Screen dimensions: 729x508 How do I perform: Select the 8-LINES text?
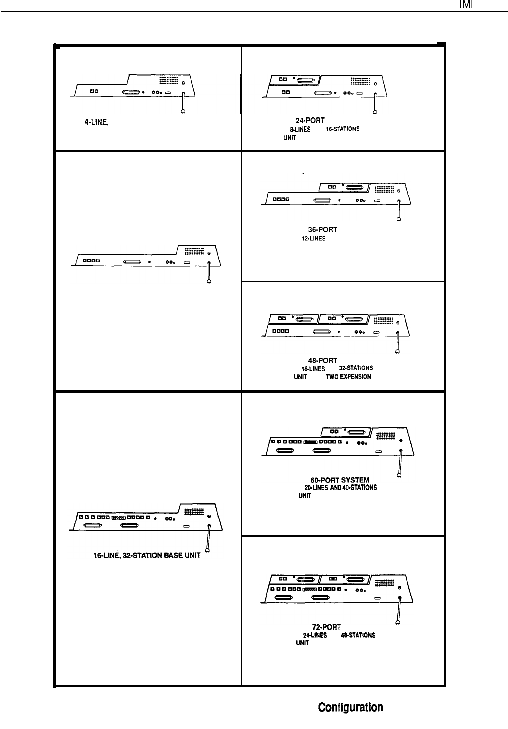(x=300, y=129)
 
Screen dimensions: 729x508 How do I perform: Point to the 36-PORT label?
(x=322, y=230)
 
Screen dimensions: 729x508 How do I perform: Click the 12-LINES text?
(x=314, y=238)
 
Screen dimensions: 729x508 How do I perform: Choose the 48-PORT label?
(x=323, y=360)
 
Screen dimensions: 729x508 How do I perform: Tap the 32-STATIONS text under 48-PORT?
(x=356, y=368)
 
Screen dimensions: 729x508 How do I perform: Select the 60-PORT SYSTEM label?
(x=339, y=480)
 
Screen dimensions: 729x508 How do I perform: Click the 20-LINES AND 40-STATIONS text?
(x=340, y=488)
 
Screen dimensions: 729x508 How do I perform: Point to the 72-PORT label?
(x=326, y=627)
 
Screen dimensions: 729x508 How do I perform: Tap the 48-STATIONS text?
(x=358, y=635)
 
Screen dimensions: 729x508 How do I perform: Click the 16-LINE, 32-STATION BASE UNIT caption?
(x=147, y=555)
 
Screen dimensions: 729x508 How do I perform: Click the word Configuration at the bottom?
(x=350, y=707)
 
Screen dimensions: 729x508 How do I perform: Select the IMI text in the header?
(x=464, y=5)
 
